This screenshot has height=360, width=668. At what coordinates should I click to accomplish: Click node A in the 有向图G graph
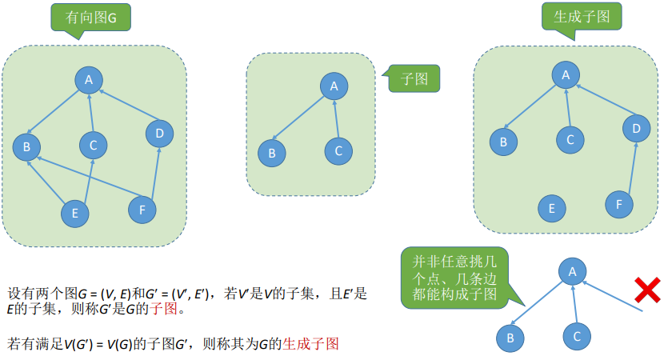tap(90, 78)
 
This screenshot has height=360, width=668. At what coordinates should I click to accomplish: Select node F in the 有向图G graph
tap(142, 210)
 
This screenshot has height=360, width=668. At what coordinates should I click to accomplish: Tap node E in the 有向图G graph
tap(75, 213)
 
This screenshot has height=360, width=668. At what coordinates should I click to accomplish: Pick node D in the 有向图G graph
tap(160, 133)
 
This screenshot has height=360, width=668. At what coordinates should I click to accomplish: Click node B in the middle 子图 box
tap(272, 152)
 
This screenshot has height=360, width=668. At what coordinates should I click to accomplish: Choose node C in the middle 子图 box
tap(338, 150)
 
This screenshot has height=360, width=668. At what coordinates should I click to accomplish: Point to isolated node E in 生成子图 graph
tap(551, 210)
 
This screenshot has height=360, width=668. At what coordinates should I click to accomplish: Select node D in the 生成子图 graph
tap(637, 128)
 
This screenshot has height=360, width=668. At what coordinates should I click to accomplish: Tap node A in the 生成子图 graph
tap(566, 75)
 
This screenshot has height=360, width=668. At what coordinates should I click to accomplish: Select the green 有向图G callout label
tap(88, 16)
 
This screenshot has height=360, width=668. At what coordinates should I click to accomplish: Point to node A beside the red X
tap(572, 271)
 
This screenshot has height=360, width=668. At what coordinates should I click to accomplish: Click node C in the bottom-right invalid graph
tap(576, 336)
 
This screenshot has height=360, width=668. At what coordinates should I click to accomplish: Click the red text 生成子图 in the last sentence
tap(311, 344)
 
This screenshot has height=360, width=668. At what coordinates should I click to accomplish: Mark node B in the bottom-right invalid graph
tap(510, 338)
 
